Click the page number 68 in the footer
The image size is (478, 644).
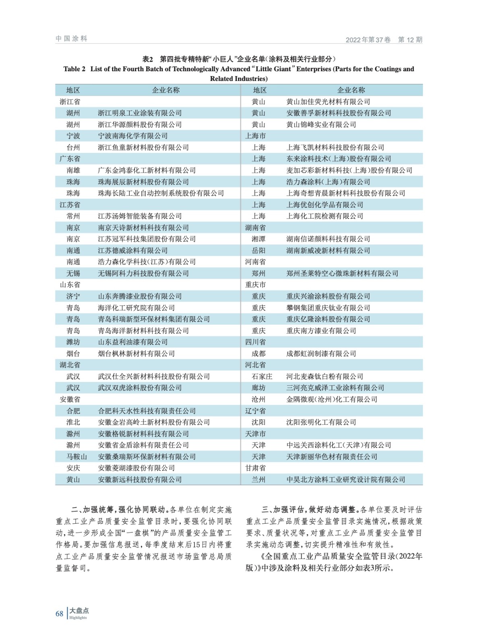(x=59, y=613)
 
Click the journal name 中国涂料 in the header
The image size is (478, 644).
(x=71, y=39)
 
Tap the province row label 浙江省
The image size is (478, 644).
(x=70, y=102)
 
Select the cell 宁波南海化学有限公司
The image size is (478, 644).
(x=133, y=136)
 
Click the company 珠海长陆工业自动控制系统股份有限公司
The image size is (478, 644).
(x=161, y=193)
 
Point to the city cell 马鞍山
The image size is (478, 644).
(x=77, y=457)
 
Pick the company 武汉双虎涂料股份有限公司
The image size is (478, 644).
(x=140, y=388)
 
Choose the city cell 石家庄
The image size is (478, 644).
(x=262, y=377)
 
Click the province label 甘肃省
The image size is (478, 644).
(x=255, y=468)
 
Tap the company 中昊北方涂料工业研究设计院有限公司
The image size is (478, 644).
(x=346, y=480)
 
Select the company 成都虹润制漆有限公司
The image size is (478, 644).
(x=321, y=354)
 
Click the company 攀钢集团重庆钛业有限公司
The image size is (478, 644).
(x=328, y=308)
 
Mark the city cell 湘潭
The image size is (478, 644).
(x=259, y=239)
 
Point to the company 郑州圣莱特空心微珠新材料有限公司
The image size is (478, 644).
(x=342, y=274)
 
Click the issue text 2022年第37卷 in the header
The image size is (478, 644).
(x=368, y=40)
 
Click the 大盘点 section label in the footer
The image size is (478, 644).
(x=79, y=611)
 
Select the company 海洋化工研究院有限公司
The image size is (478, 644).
(x=136, y=308)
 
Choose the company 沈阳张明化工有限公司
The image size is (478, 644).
(x=321, y=423)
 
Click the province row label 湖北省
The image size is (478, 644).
(x=70, y=365)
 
